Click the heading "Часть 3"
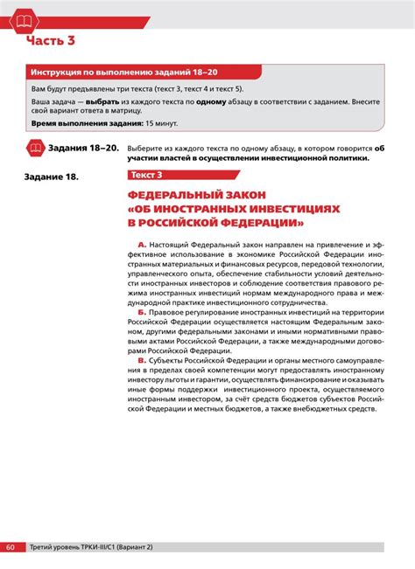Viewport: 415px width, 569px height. pos(50,41)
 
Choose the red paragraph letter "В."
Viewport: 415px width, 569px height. pos(142,360)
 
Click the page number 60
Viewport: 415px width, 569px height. pos(11,546)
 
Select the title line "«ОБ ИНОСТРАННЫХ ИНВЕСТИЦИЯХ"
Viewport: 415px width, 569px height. pos(231,210)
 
